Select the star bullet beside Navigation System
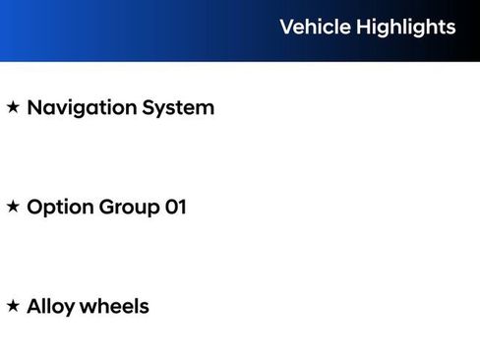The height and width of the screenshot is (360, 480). pyautogui.click(x=13, y=107)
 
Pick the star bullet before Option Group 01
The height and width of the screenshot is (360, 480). pyautogui.click(x=13, y=207)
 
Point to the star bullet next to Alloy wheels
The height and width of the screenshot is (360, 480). pyautogui.click(x=13, y=306)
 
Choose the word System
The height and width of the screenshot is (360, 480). pyautogui.click(x=178, y=108)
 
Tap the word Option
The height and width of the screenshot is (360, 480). pyautogui.click(x=59, y=208)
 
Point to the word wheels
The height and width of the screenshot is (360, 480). pyautogui.click(x=114, y=306)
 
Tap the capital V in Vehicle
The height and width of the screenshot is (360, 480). pyautogui.click(x=286, y=27)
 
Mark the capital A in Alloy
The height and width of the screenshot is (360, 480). pyautogui.click(x=34, y=306)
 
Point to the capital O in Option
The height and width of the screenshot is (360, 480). pyautogui.click(x=35, y=207)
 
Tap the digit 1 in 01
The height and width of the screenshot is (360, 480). pyautogui.click(x=181, y=207)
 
